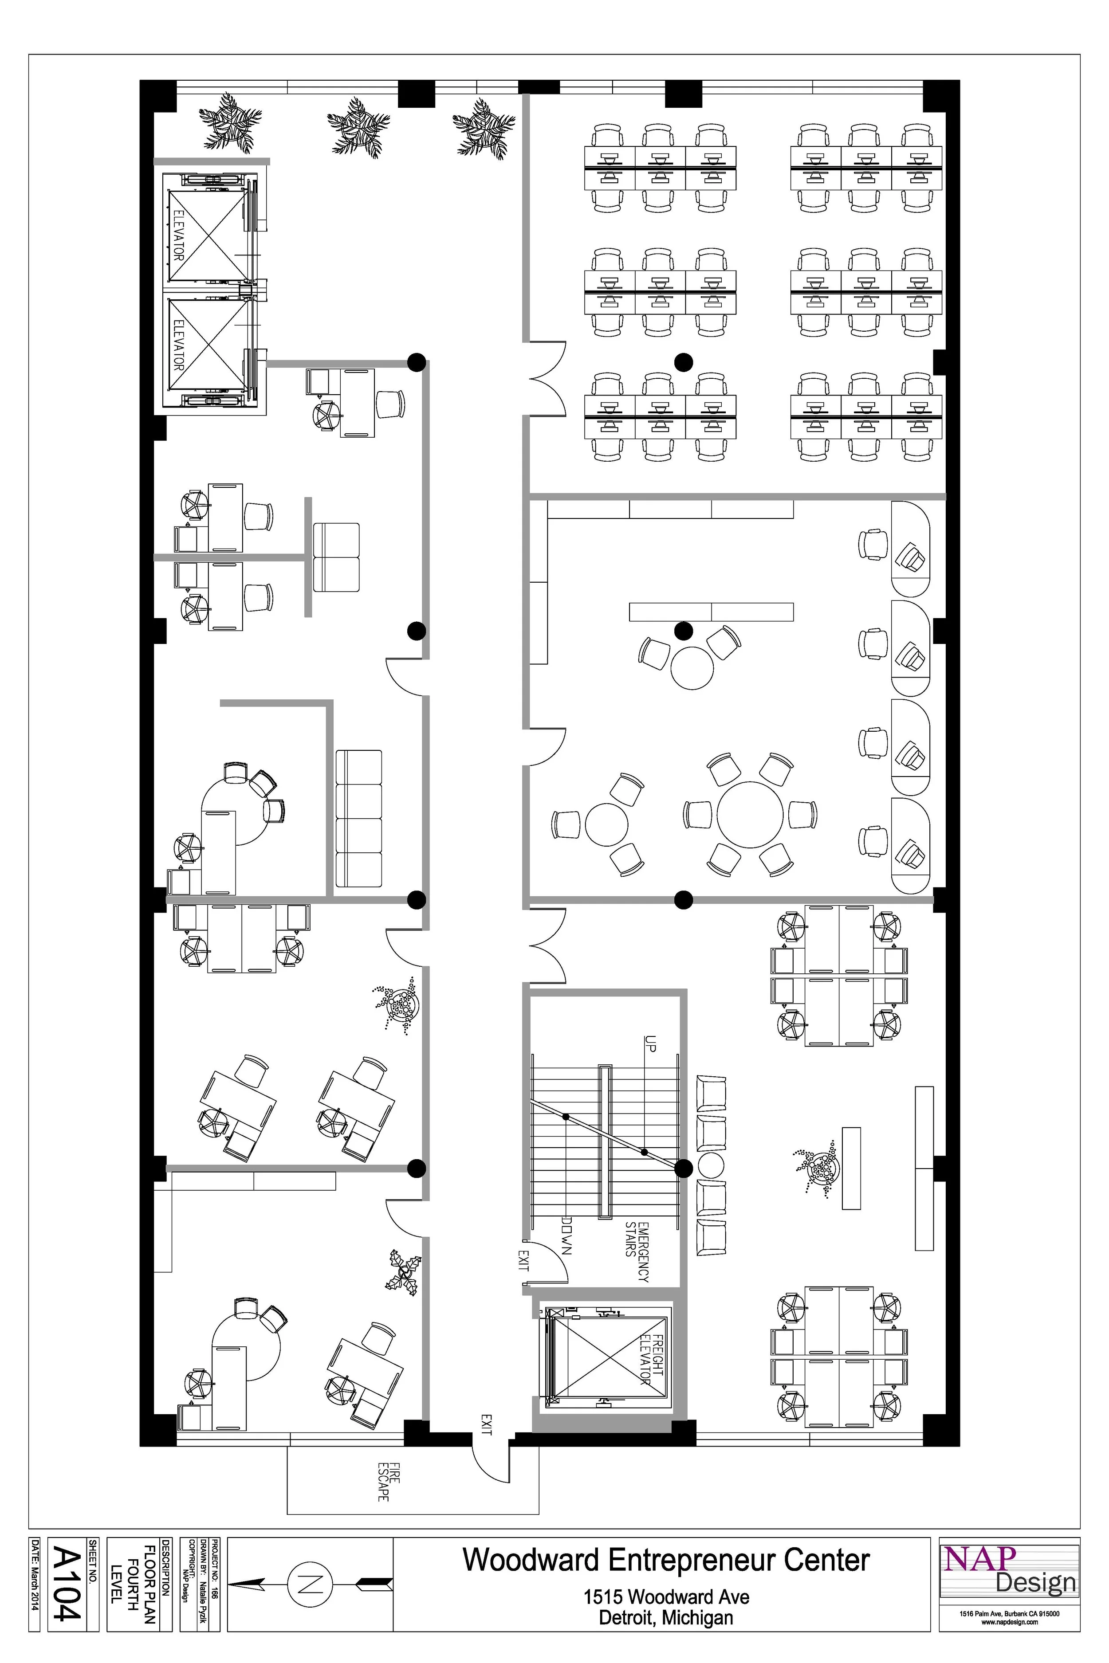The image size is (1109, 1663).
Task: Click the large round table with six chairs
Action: point(750,814)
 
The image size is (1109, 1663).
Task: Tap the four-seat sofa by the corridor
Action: point(358,818)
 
